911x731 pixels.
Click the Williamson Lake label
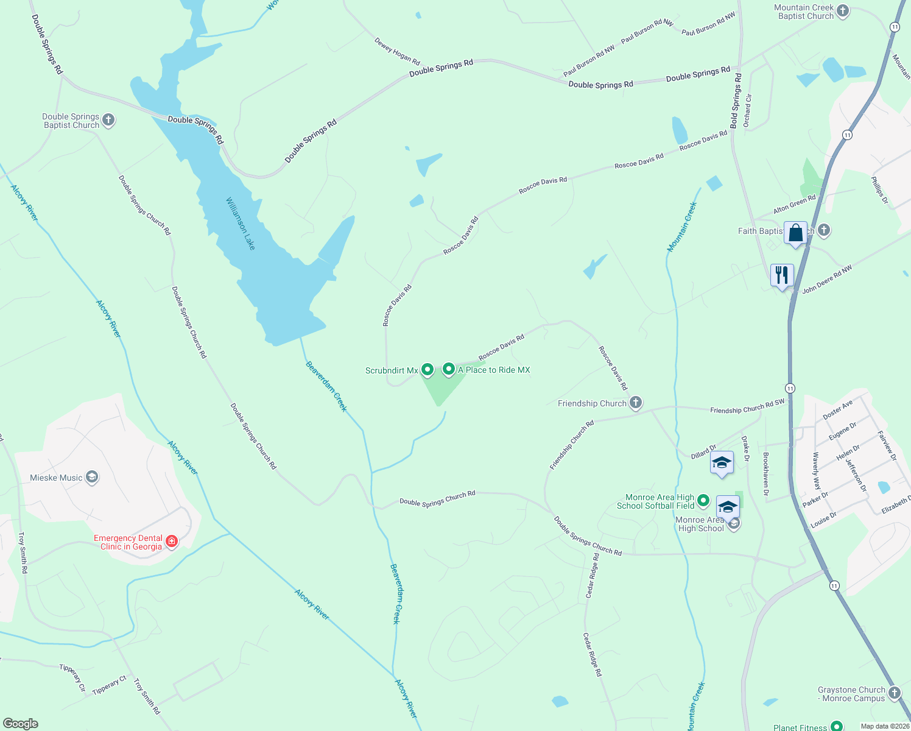point(241,224)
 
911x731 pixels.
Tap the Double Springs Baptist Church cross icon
point(108,120)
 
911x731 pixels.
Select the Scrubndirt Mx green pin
point(427,369)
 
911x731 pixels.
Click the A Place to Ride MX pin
point(449,369)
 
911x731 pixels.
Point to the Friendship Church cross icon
point(636,403)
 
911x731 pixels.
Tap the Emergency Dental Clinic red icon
point(172,542)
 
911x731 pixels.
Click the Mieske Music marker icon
point(92,477)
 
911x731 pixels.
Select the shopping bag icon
point(795,233)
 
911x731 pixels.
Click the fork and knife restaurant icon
point(782,275)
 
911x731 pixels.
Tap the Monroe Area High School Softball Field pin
point(703,501)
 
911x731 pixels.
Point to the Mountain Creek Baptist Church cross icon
point(843,11)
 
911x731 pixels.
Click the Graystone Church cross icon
point(894,693)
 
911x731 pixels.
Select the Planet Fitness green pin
point(837,726)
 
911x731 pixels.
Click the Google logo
point(20,724)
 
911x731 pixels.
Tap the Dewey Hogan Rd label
point(397,52)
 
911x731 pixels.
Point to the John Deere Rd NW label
point(827,280)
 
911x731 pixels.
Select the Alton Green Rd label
point(794,205)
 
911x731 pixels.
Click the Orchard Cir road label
point(748,111)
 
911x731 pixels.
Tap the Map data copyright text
point(884,726)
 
